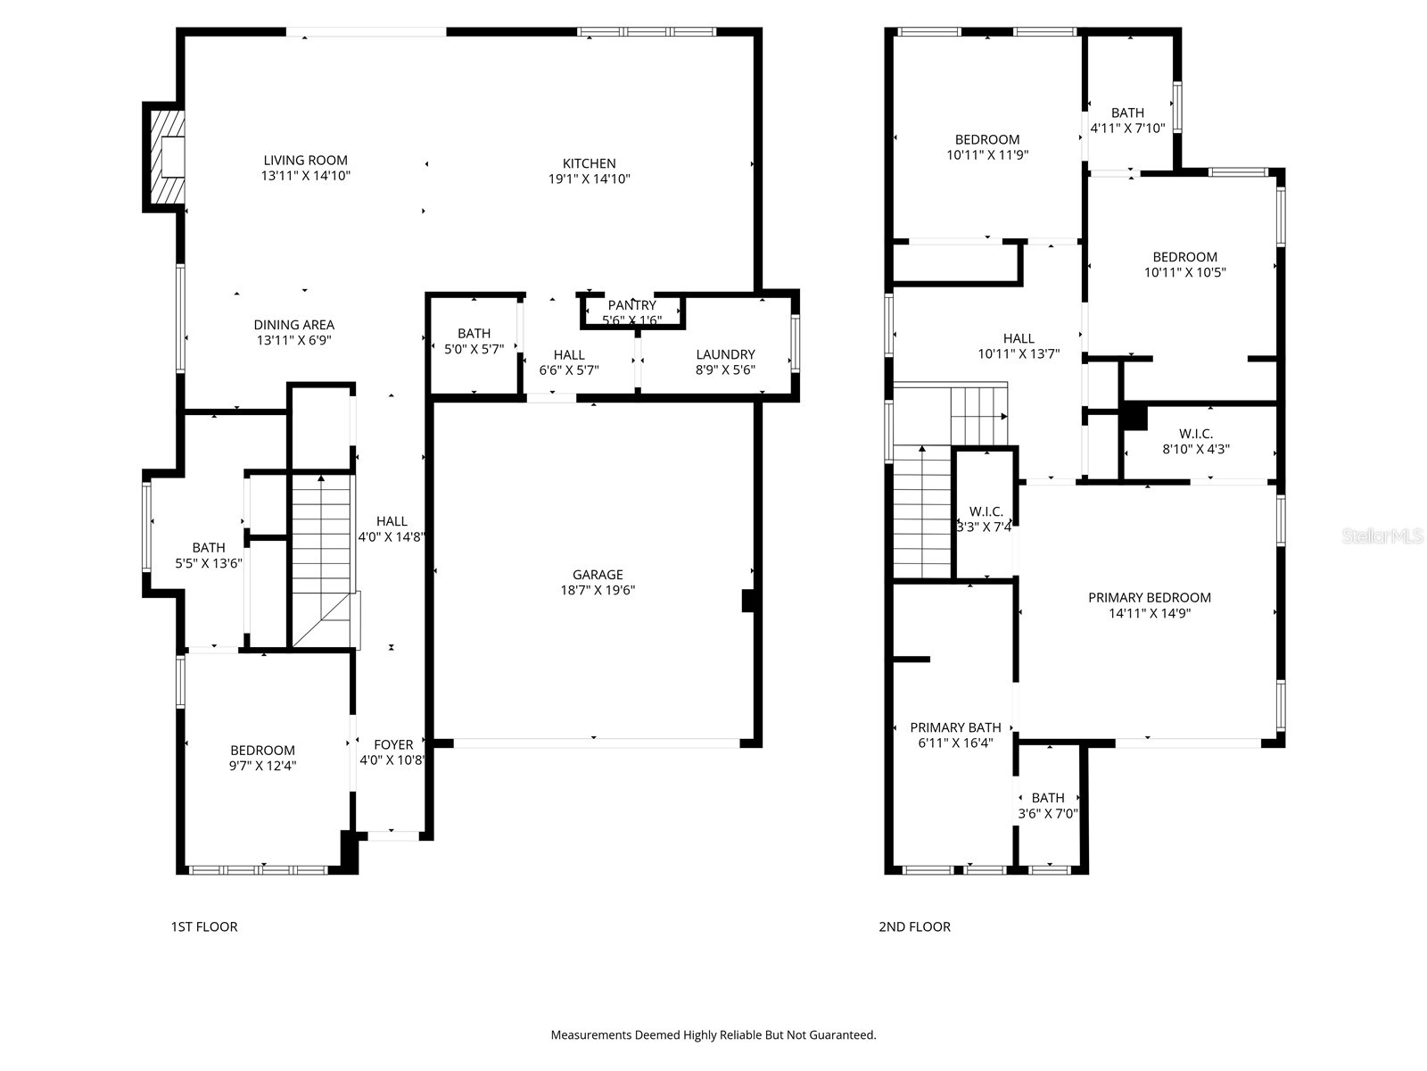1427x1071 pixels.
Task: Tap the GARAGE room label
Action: [x=598, y=575]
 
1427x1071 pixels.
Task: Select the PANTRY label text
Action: [x=631, y=305]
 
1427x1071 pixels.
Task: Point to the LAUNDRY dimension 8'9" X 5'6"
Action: [x=725, y=369]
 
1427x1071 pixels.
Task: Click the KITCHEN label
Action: [x=589, y=163]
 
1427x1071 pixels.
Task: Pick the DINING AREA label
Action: [x=293, y=325]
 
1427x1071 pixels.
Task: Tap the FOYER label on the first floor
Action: [x=393, y=744]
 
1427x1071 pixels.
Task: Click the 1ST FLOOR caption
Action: [x=204, y=926]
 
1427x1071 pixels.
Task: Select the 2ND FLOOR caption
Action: [x=914, y=926]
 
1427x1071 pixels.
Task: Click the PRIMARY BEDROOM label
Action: [x=1149, y=598]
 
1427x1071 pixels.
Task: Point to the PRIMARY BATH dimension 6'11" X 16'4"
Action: [x=955, y=743]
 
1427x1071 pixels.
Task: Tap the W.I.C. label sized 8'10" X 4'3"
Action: [x=1195, y=434]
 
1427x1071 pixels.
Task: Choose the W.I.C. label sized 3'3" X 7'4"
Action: [x=986, y=511]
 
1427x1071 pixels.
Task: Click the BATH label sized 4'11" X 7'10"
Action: [x=1127, y=112]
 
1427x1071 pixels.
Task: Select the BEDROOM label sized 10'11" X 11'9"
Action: [x=986, y=139]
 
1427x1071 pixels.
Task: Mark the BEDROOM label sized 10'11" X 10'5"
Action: [x=1184, y=257]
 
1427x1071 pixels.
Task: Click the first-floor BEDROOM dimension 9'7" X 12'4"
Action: [x=262, y=766]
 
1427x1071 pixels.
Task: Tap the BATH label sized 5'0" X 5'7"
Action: [x=474, y=333]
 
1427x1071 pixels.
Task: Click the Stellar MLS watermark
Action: [x=1382, y=535]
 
